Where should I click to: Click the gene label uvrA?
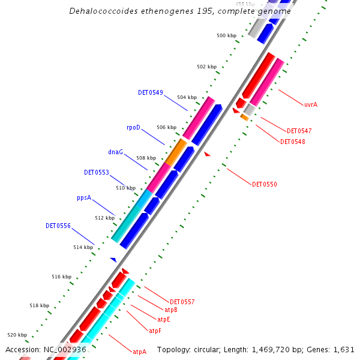point(310,104)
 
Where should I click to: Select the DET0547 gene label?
point(299,131)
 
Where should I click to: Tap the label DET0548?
point(292,142)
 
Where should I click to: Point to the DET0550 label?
point(264,184)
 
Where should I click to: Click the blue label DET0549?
point(150,92)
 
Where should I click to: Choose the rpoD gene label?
point(133,127)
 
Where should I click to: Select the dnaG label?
point(115,152)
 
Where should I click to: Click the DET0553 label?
point(97,172)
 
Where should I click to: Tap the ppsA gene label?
point(84,197)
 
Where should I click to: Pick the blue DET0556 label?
point(58,226)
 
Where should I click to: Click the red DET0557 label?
point(182,302)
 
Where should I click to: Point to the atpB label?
point(170,310)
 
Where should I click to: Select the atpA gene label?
point(139,352)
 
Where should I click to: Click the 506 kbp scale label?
point(166,127)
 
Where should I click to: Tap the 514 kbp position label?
point(83,248)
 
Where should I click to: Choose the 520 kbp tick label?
point(17,335)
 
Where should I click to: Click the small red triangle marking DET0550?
point(208,154)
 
